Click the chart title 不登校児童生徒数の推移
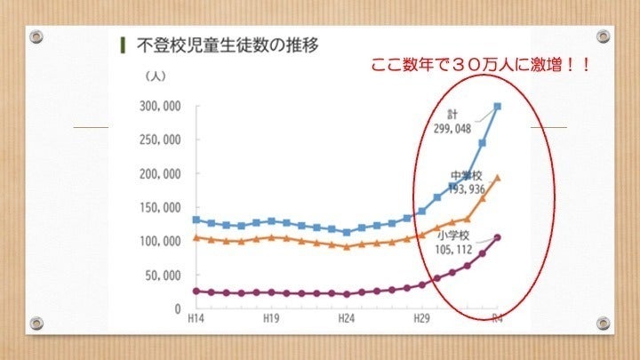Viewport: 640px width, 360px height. pos(226,44)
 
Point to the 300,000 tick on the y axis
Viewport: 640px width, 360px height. pos(161,107)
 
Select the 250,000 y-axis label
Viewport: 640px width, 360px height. pos(161,140)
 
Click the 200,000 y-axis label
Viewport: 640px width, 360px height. pos(161,174)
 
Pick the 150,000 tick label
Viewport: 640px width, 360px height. pos(161,208)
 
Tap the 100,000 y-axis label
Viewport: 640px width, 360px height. pos(161,242)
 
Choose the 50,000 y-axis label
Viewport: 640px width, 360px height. pos(164,276)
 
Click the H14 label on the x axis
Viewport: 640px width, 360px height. pos(196,319)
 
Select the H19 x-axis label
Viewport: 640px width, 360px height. pos(271,319)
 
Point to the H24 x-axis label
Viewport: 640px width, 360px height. pos(347,319)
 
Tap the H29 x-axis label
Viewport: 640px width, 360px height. pos(421,319)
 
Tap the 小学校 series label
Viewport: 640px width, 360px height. pos(453,236)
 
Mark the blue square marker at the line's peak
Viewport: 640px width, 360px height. pos(497,108)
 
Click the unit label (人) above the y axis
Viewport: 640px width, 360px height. pos(155,77)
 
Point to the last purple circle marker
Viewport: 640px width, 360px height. pos(497,237)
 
